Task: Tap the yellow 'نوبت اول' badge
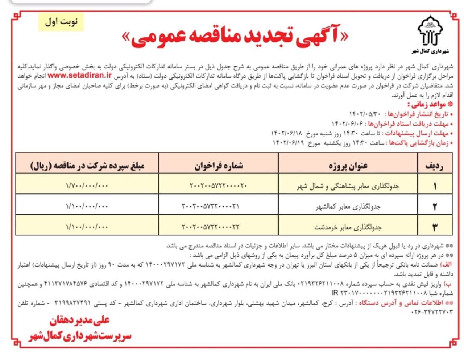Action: (x=61, y=22)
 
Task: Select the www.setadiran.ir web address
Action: (x=79, y=75)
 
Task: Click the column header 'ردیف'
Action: (x=434, y=166)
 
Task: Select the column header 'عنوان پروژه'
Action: (x=348, y=166)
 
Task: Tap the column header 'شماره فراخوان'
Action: (x=218, y=166)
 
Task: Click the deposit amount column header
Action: (x=87, y=166)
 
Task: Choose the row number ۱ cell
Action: (x=435, y=186)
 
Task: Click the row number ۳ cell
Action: (x=435, y=227)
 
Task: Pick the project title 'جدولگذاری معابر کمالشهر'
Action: (x=348, y=207)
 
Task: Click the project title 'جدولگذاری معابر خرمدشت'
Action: (x=348, y=227)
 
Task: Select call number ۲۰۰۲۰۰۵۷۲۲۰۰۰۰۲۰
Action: (x=218, y=186)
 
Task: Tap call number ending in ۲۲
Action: (x=211, y=227)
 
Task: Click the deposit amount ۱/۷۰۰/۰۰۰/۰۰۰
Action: (x=87, y=186)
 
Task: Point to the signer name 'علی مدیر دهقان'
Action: (x=79, y=321)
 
